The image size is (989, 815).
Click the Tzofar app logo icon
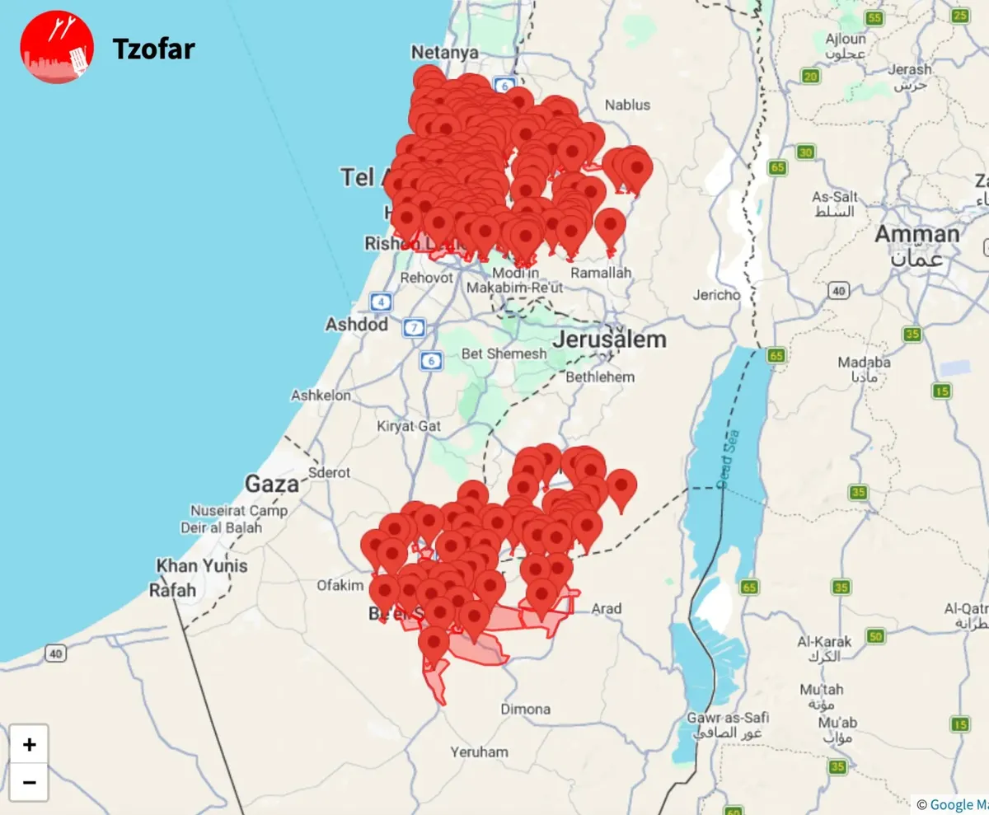56,47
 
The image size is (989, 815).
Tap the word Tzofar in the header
153,49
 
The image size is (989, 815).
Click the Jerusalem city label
609,340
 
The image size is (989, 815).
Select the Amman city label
917,234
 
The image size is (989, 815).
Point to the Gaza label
271,484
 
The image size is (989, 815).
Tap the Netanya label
445,53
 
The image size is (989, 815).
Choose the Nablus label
627,105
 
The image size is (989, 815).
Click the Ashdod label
356,324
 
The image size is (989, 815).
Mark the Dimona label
525,709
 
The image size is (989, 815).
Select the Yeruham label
479,752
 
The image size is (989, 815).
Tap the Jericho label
716,294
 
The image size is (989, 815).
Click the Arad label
607,609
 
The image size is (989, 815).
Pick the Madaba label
864,362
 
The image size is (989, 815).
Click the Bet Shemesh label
504,354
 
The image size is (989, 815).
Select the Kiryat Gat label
409,426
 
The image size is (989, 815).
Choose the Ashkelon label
321,396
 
